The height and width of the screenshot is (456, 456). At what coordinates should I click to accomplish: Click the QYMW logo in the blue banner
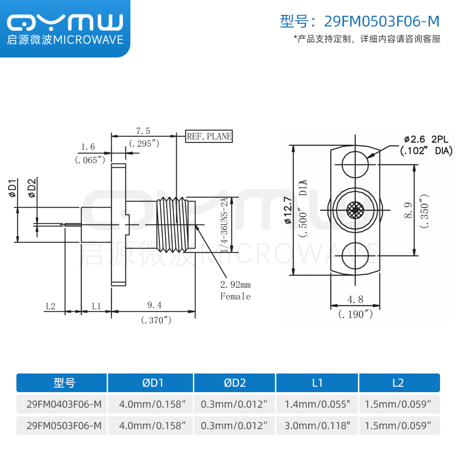click(65, 22)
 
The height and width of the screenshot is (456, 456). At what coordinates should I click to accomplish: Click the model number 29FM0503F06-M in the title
click(382, 21)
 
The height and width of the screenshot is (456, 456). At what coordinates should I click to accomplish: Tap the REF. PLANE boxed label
click(209, 136)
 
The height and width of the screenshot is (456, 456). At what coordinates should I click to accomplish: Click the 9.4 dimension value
click(154, 305)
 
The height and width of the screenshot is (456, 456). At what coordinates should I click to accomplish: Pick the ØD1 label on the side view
click(13, 188)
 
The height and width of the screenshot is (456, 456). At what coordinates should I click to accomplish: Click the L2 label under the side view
click(50, 306)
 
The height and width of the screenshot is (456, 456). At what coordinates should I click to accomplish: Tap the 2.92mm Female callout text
click(235, 290)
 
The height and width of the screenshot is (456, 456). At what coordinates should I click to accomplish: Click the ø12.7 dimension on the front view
click(287, 209)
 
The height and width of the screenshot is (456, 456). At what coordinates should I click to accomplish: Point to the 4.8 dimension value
click(355, 300)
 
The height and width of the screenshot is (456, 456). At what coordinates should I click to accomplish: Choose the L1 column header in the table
click(317, 383)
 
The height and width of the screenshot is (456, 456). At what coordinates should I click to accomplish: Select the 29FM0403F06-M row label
click(64, 404)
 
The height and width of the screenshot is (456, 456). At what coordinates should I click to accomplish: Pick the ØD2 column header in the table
click(234, 383)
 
